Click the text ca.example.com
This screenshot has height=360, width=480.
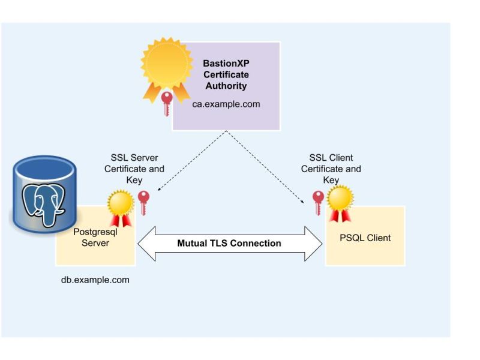[230, 104]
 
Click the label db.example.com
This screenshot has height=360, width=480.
[95, 280]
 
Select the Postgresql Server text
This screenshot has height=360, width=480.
[91, 237]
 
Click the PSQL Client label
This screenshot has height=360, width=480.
[365, 238]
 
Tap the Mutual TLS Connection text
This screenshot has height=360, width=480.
[229, 243]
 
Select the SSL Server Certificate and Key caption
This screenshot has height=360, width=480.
[134, 169]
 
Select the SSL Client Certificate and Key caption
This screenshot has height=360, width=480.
[331, 169]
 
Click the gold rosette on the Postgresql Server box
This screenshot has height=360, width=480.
[120, 204]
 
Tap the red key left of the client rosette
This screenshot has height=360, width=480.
[318, 203]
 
